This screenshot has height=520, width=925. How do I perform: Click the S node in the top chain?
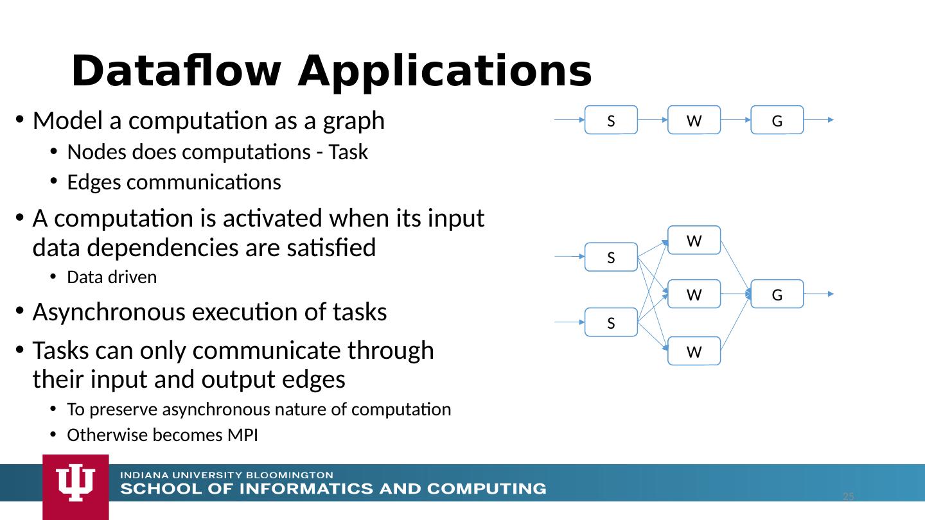pyautogui.click(x=611, y=120)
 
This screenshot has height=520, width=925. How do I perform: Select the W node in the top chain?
pyautogui.click(x=694, y=120)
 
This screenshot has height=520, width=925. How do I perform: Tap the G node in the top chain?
pyautogui.click(x=777, y=120)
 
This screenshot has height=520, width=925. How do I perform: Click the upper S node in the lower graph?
pyautogui.click(x=611, y=257)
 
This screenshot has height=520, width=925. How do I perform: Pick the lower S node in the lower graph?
pyautogui.click(x=611, y=323)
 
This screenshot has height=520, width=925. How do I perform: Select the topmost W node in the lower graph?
pyautogui.click(x=694, y=241)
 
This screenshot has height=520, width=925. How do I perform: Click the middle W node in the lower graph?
pyautogui.click(x=694, y=295)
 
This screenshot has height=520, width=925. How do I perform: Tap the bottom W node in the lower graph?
pyautogui.click(x=694, y=351)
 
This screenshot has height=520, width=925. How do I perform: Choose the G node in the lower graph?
pyautogui.click(x=777, y=295)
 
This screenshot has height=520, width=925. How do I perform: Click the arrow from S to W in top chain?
pyautogui.click(x=652, y=120)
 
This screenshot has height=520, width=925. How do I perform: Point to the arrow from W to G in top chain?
pyautogui.click(x=736, y=120)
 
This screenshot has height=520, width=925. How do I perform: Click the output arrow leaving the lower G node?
pyautogui.click(x=819, y=294)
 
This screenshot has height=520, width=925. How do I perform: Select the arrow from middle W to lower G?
pyautogui.click(x=736, y=295)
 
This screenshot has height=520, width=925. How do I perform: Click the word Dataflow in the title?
pyautogui.click(x=175, y=71)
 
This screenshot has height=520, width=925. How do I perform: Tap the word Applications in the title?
pyautogui.click(x=444, y=71)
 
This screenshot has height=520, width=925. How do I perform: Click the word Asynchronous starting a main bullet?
pyautogui.click(x=110, y=313)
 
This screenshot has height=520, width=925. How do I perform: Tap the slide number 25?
pyautogui.click(x=848, y=497)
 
